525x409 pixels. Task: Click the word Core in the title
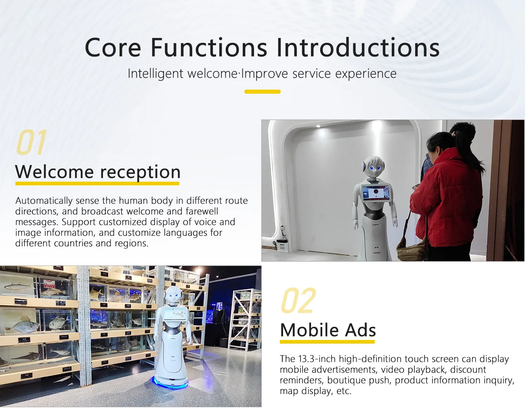(x=113, y=48)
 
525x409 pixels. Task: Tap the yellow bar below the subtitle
(x=262, y=92)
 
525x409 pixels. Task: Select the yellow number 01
(x=31, y=143)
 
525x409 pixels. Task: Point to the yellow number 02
(x=298, y=301)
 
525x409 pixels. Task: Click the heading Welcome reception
(x=98, y=172)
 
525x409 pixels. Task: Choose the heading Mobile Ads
(x=328, y=330)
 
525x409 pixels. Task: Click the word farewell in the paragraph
(x=202, y=211)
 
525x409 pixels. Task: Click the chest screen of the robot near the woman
(x=376, y=192)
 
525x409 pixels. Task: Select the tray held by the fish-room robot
(x=175, y=314)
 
